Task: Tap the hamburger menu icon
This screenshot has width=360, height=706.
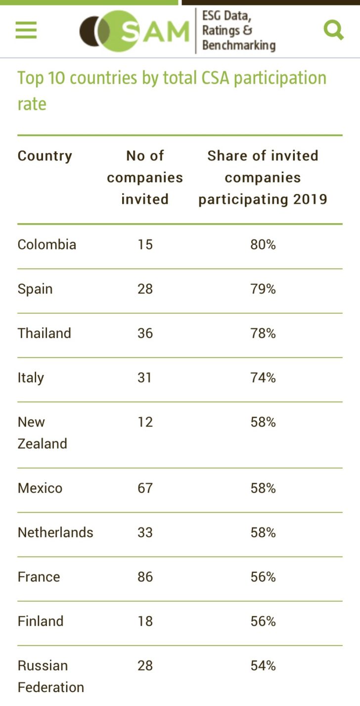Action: (26, 30)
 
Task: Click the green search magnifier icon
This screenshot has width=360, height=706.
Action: (333, 30)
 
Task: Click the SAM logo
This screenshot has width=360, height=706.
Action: (135, 31)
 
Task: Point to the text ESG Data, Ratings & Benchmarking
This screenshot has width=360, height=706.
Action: (238, 31)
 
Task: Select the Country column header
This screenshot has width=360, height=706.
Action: (45, 156)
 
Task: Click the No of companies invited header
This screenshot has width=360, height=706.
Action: (145, 177)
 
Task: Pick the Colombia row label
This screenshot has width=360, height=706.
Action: (47, 245)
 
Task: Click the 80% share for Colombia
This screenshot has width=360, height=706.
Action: (263, 245)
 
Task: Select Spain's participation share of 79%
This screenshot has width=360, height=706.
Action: (263, 289)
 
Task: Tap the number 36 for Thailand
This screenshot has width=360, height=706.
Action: (145, 333)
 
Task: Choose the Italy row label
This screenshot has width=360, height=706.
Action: (31, 378)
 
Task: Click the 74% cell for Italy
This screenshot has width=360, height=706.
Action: (263, 378)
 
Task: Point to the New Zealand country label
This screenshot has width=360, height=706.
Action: (42, 433)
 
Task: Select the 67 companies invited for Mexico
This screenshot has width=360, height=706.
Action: (145, 488)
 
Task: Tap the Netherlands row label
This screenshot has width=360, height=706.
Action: (55, 533)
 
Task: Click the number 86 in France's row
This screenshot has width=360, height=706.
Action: (145, 577)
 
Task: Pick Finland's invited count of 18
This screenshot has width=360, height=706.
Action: (145, 621)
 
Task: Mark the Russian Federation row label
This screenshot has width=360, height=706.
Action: (50, 676)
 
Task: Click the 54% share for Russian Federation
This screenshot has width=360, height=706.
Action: (263, 666)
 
